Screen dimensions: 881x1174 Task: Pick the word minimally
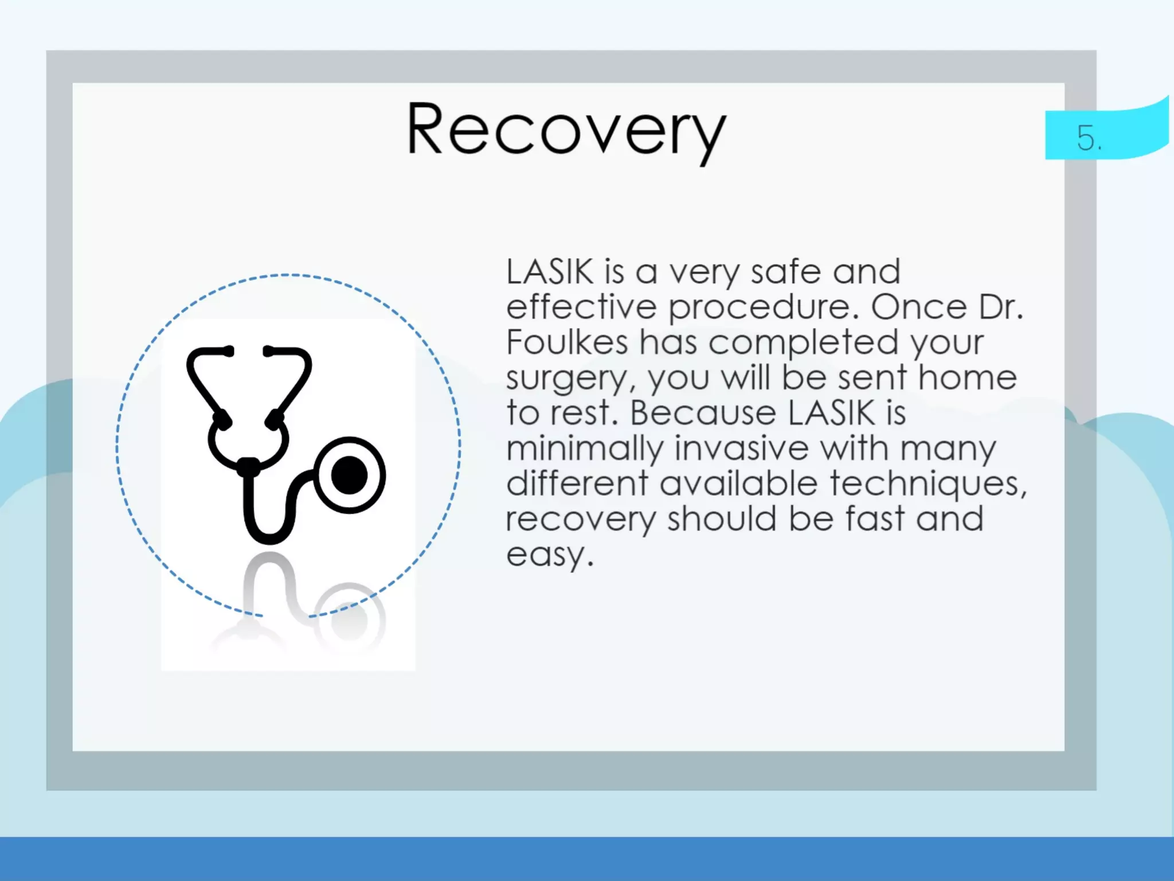tap(585, 449)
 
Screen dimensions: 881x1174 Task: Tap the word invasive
tap(741, 448)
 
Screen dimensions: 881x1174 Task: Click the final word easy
tap(549, 555)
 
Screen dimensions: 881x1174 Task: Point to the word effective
tap(581, 307)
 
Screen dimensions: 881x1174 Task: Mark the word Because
tap(702, 413)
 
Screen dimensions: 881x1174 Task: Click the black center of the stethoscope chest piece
tap(349, 475)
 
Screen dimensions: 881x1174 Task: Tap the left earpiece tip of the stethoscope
tap(228, 351)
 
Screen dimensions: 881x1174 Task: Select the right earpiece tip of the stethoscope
tap(269, 351)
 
